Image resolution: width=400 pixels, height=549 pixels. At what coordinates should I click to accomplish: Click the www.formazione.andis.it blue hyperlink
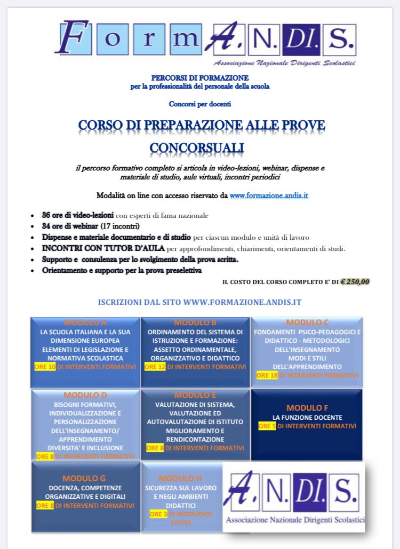pos(269,196)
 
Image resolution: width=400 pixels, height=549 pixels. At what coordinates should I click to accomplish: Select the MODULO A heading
pos(85,323)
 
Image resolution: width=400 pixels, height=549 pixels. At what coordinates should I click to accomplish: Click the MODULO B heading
pos(195,323)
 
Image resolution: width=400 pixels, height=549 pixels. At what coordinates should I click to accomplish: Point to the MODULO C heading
pos(307,323)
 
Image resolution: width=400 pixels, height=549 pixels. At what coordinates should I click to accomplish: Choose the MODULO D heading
pos(85,395)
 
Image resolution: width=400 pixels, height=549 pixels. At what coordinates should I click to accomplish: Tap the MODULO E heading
pos(195,395)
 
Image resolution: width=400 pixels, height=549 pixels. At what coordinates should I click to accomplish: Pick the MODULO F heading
pos(307,408)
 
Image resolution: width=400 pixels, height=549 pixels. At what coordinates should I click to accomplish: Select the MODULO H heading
pos(180,478)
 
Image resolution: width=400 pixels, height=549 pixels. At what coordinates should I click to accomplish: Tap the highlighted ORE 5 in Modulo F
pos(267,426)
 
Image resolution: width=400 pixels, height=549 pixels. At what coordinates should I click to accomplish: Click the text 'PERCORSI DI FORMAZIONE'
pos(200,78)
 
